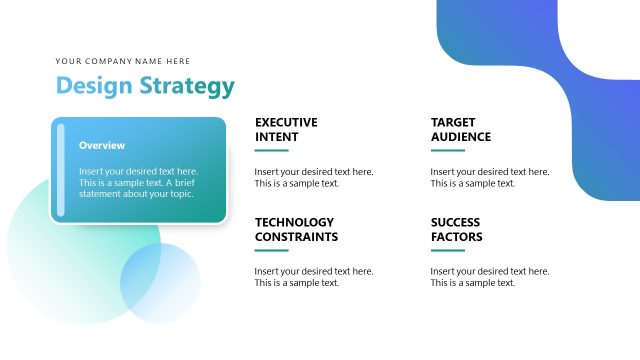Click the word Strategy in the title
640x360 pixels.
coord(186,87)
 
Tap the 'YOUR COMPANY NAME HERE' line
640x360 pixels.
coord(123,61)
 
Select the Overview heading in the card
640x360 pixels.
coord(102,145)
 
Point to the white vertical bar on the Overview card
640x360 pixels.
coord(61,170)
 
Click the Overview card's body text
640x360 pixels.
coord(138,182)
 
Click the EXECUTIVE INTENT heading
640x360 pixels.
coord(286,129)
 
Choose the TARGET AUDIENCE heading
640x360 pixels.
coord(461,129)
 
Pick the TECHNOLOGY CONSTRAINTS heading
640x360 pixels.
coord(296,229)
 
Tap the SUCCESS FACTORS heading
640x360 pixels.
coord(457,229)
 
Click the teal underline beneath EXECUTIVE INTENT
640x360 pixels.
coord(271,151)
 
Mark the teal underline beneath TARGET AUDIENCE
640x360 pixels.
coord(447,151)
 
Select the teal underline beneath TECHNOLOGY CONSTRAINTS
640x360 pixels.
coord(271,251)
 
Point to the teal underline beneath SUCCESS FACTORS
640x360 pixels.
coord(447,251)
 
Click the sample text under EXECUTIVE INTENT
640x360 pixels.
coord(313,177)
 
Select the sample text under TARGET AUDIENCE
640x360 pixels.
coord(489,177)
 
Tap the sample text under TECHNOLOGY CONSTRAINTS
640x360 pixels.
coord(313,277)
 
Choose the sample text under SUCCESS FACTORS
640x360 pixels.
coord(489,277)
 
